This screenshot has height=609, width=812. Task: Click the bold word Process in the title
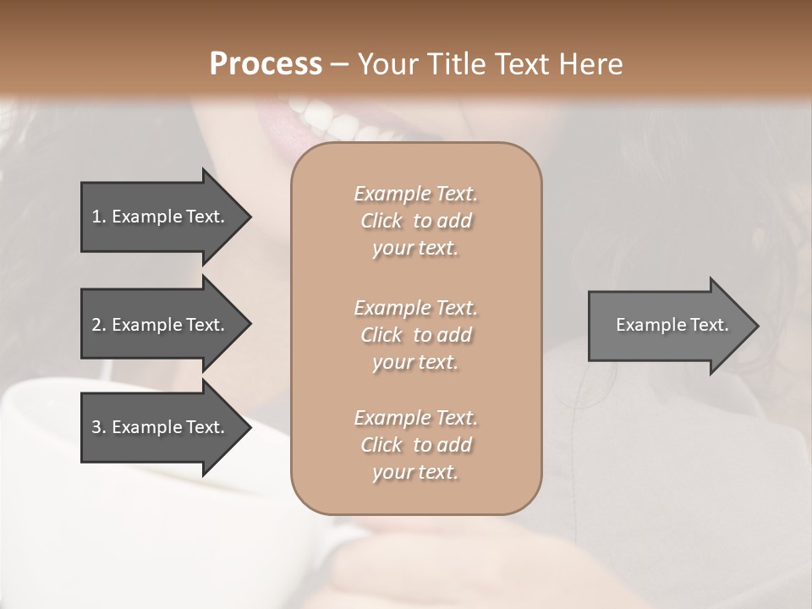click(266, 63)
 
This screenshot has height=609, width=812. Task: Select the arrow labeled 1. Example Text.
click(161, 217)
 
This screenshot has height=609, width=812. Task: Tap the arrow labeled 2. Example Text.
click(161, 325)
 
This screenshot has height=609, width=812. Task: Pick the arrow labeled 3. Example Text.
click(161, 427)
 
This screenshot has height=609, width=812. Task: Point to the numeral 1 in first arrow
click(96, 217)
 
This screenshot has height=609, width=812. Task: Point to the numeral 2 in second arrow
click(96, 325)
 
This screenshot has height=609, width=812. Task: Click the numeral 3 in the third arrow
click(96, 427)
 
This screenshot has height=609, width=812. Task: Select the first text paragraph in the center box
click(415, 221)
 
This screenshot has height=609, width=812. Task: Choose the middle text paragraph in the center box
click(415, 335)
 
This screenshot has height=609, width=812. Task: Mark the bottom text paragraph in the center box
click(415, 445)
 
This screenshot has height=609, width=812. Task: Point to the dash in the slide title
click(339, 64)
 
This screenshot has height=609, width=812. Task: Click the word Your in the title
click(386, 63)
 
